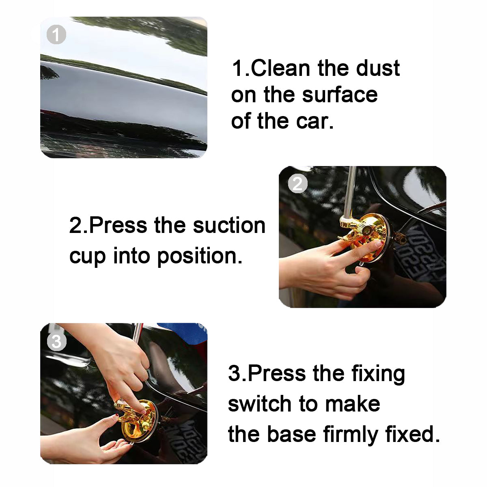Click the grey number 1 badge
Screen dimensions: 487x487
tap(56, 34)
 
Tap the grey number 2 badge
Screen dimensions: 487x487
tap(298, 183)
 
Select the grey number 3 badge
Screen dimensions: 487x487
tap(56, 341)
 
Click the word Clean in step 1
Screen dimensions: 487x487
tap(280, 68)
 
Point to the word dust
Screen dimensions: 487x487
tap(378, 68)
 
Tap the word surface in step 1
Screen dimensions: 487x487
tap(340, 95)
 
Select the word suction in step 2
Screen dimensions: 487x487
tap(229, 225)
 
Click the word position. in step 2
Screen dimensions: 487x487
tap(200, 256)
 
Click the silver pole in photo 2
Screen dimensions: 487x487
tap(349, 192)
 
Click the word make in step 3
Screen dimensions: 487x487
tap(352, 403)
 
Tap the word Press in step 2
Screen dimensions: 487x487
tap(118, 225)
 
